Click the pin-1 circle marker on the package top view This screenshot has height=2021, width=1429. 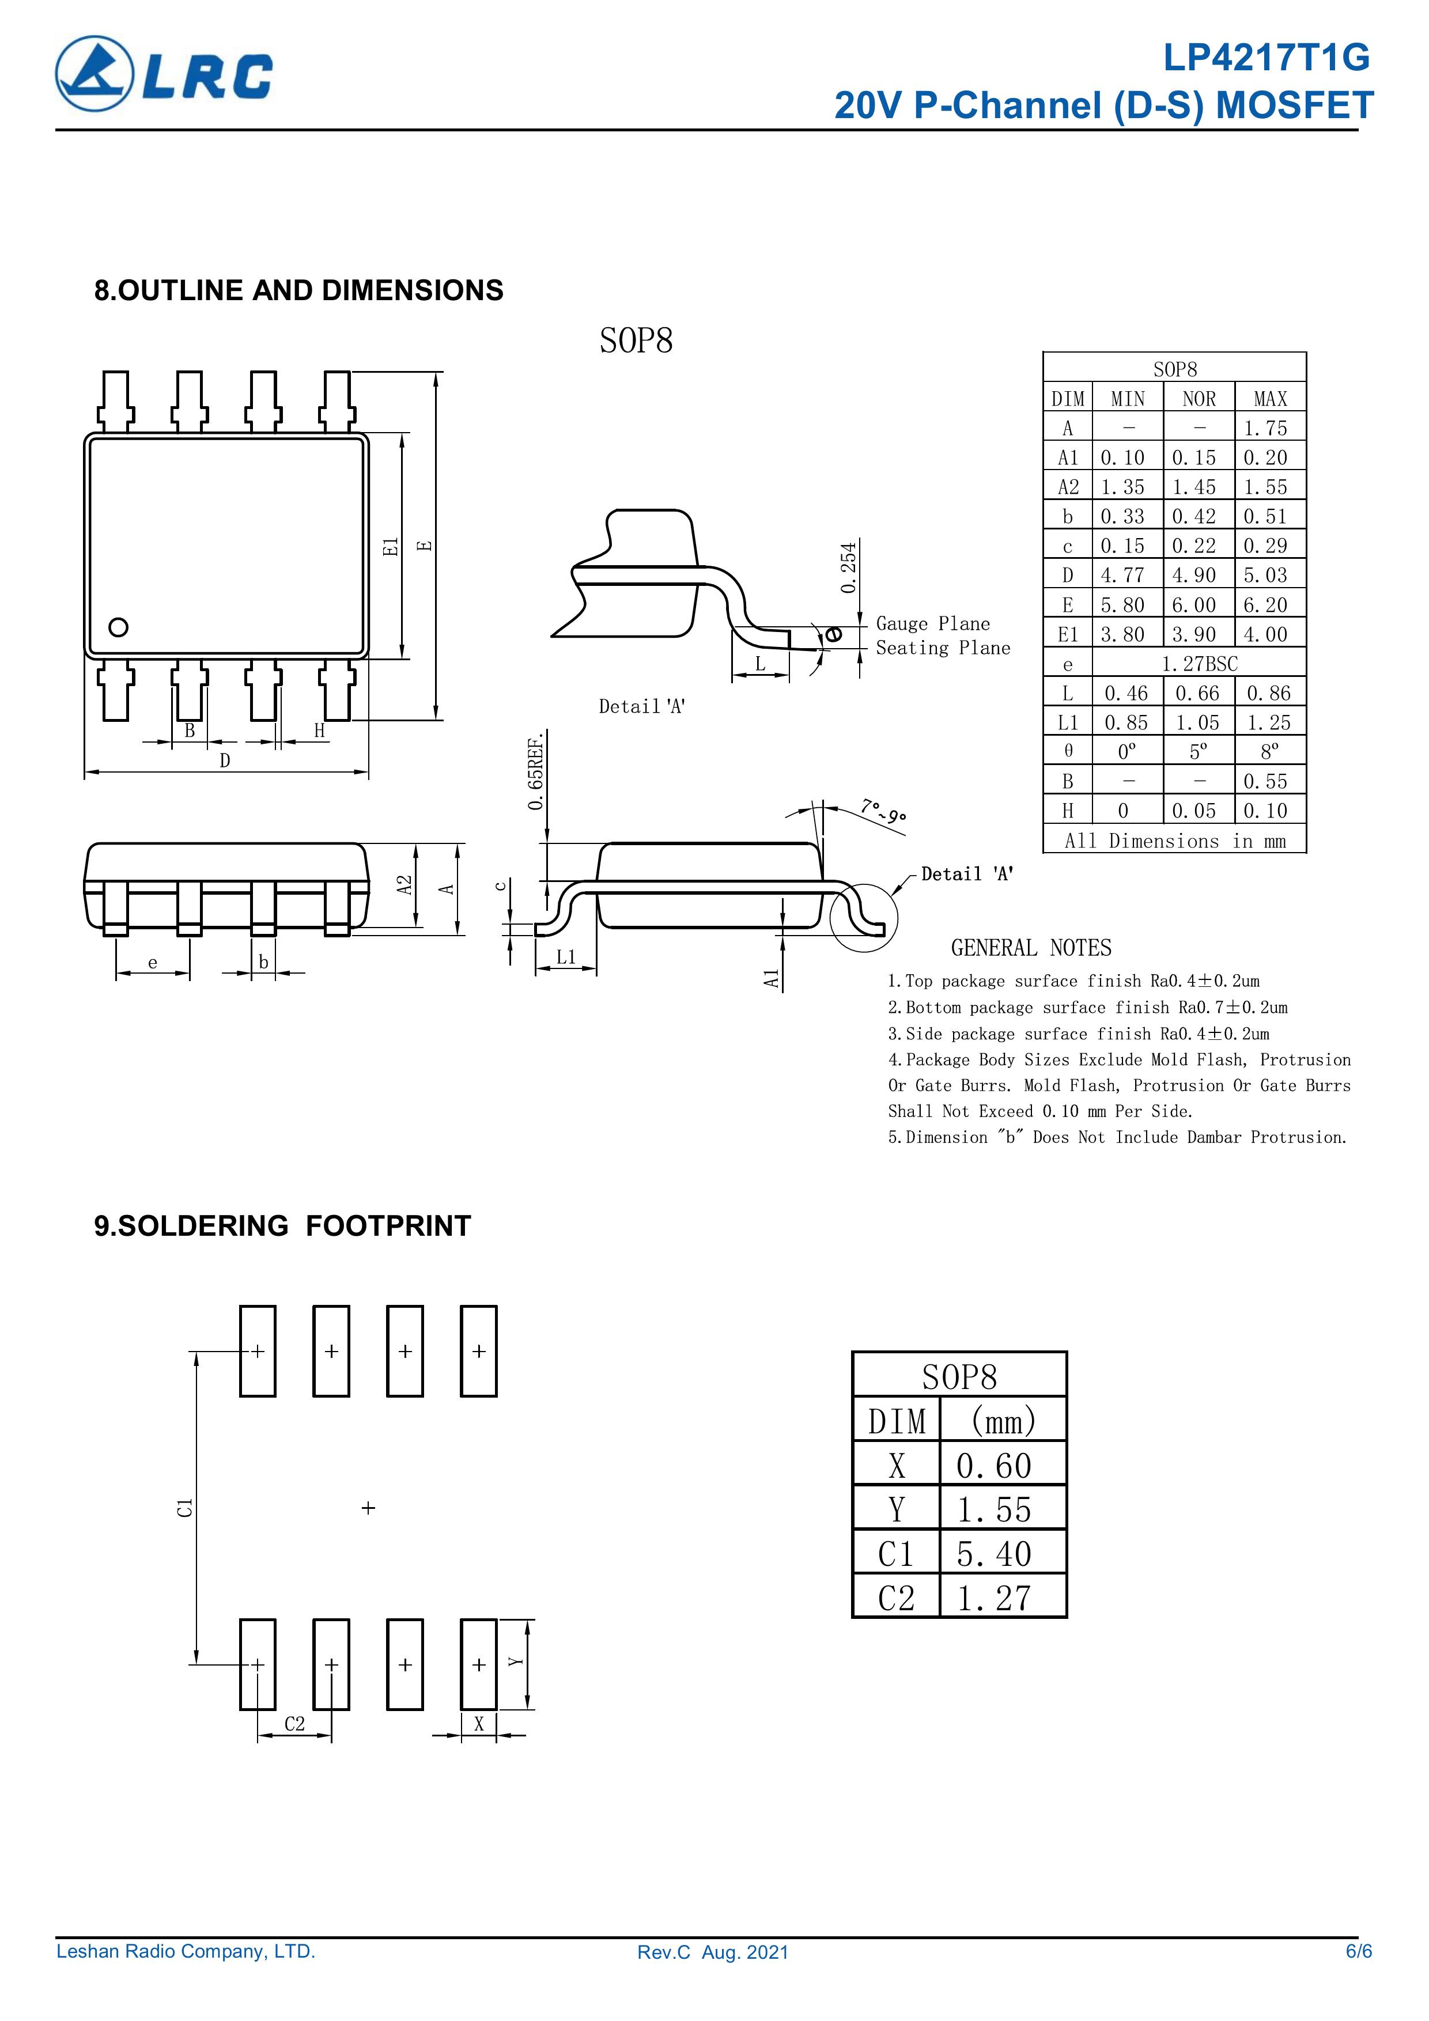[118, 627]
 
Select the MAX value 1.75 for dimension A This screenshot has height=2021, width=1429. [1265, 429]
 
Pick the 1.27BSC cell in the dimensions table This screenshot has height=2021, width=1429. [1199, 664]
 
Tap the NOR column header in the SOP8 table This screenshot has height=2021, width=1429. [1199, 399]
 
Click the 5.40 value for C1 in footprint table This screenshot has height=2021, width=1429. [994, 1554]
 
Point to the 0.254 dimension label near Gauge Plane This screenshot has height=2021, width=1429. [848, 567]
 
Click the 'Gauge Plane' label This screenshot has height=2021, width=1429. [932, 624]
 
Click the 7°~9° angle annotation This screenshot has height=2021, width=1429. [882, 810]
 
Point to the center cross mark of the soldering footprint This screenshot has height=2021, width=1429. [369, 1508]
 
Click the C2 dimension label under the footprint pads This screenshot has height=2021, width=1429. [294, 1724]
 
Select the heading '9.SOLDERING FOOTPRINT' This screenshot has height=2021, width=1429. [282, 1225]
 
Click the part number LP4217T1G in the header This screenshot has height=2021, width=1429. [1266, 58]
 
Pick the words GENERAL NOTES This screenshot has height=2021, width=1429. [1030, 948]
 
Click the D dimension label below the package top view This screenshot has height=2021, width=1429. [225, 760]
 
